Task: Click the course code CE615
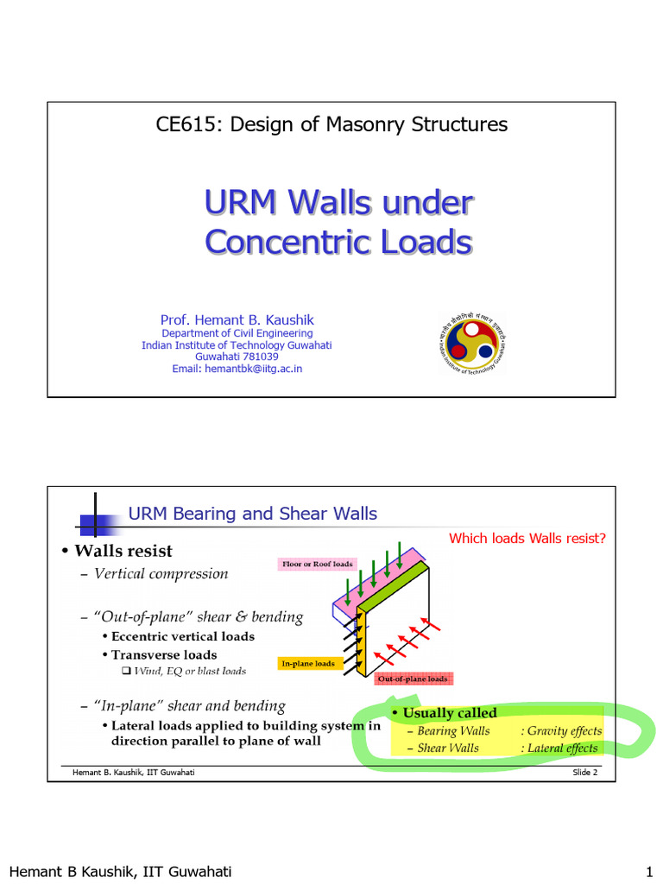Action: (186, 124)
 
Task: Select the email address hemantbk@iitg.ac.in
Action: (253, 369)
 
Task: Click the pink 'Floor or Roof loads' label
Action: (318, 564)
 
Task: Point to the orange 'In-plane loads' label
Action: (306, 663)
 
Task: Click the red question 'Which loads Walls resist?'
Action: (527, 539)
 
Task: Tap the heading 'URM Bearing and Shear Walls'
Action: (252, 514)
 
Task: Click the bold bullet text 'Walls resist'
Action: (123, 551)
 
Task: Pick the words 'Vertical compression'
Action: (161, 574)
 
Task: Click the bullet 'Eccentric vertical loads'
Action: (183, 636)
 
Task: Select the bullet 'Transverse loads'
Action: (164, 654)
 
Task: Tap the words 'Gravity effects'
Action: (564, 731)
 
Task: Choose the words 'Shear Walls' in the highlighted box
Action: (448, 748)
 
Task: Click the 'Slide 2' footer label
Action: (584, 772)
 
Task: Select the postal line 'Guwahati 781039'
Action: (237, 357)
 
